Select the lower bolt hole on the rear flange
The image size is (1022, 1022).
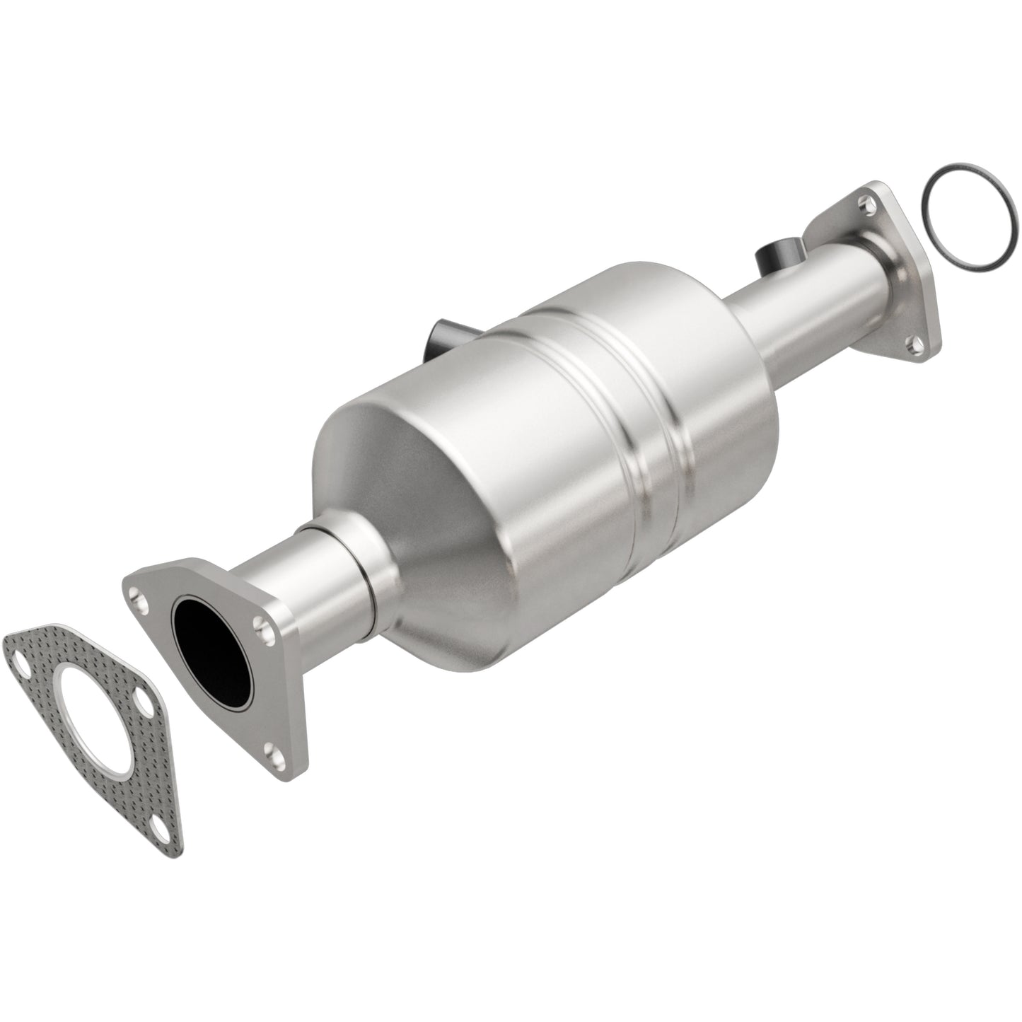[916, 344]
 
